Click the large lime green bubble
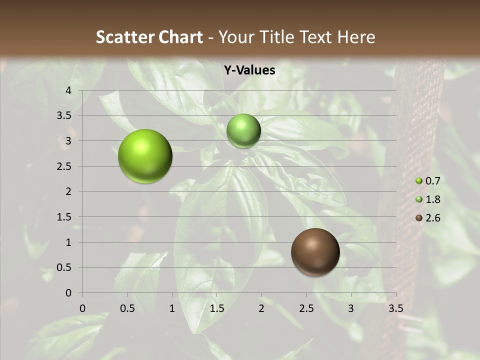coord(145,156)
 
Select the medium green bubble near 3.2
coord(243,130)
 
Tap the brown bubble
coord(315,252)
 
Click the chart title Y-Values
coord(249,70)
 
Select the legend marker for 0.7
coord(419,181)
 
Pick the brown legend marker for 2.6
coord(419,218)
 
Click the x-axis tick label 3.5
coord(396,308)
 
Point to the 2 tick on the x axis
coord(261,308)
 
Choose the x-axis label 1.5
coord(216,308)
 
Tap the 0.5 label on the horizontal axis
coord(127,308)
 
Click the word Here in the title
coord(356,37)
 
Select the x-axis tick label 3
coord(351,308)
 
